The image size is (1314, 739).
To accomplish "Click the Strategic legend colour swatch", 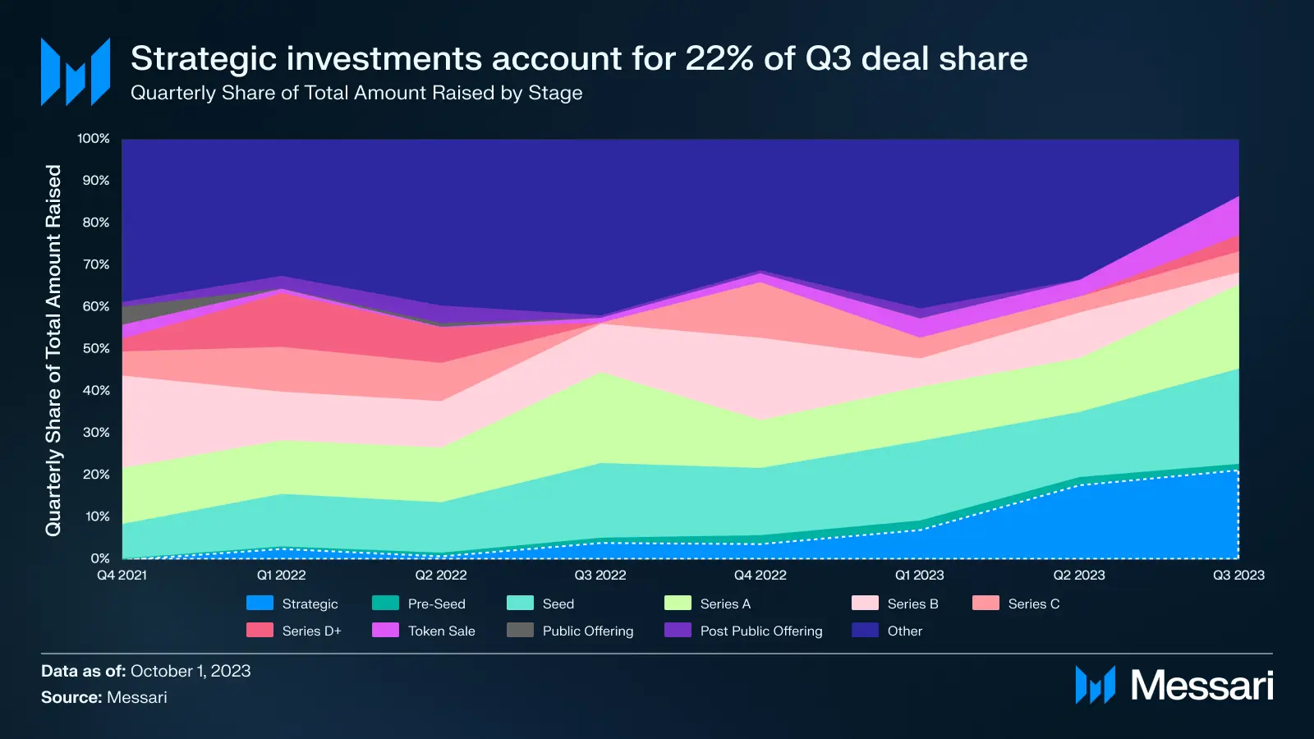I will (260, 604).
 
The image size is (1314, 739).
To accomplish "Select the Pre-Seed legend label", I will (436, 604).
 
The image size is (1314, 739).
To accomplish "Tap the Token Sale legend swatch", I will (385, 631).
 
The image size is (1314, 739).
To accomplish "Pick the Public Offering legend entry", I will (587, 631).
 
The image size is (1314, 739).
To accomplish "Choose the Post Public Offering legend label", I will (760, 631).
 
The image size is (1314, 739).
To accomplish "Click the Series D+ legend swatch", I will (260, 631).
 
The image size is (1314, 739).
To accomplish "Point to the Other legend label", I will (904, 631).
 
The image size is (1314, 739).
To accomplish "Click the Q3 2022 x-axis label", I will (600, 575).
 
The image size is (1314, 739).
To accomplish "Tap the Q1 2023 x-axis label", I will (919, 575).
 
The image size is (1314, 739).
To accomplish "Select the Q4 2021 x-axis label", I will (122, 575).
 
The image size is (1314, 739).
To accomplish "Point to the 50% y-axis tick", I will (96, 348).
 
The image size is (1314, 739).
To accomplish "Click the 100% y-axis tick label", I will (94, 139).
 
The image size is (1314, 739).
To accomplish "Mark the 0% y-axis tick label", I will (100, 558).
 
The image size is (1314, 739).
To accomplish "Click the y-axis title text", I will (53, 351).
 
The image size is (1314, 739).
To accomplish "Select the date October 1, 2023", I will (191, 671).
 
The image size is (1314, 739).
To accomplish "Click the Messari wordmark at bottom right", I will (1201, 685).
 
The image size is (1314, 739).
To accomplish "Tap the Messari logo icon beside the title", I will (76, 71).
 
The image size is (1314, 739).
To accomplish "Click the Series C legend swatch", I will (985, 604).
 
